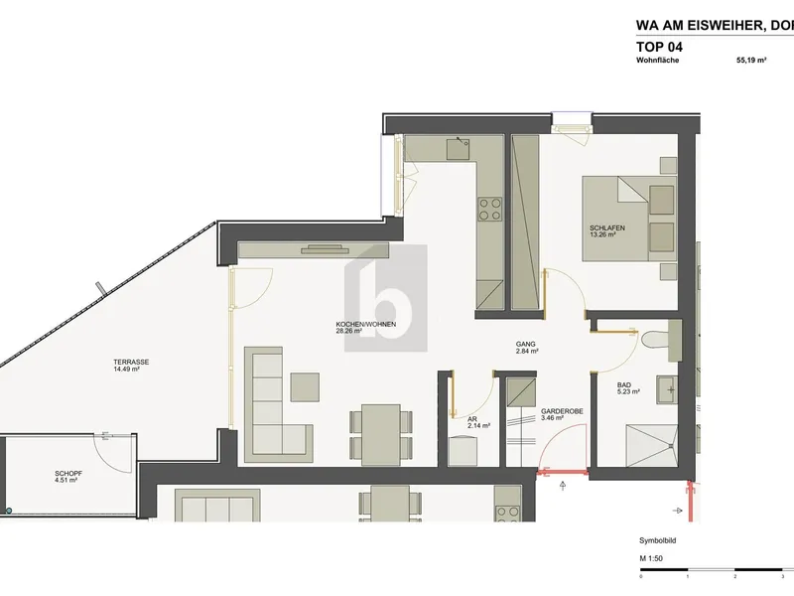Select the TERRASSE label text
[x=131, y=363]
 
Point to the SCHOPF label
[x=68, y=474]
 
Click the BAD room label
[x=624, y=385]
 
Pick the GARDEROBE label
[x=562, y=411]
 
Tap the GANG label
[x=526, y=344]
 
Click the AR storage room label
[x=471, y=420]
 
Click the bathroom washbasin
[x=667, y=389]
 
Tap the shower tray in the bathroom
[x=652, y=445]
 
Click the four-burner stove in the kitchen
[x=490, y=210]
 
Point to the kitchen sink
[x=458, y=149]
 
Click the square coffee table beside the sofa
[x=305, y=387]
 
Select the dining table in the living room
[x=381, y=434]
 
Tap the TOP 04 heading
[x=659, y=47]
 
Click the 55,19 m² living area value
[x=751, y=60]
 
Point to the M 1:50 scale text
[x=651, y=558]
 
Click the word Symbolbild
[x=658, y=540]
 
